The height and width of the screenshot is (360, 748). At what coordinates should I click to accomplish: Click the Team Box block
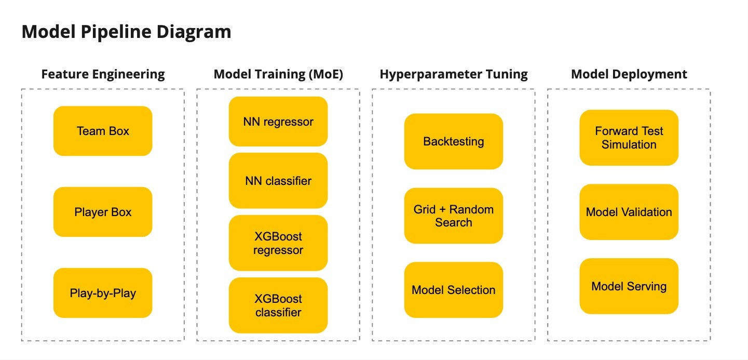point(103,131)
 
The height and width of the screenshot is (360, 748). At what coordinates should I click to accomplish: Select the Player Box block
point(103,212)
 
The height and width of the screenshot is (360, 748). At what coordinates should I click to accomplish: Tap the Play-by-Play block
point(103,293)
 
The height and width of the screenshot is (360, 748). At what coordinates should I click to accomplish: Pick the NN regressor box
point(278,122)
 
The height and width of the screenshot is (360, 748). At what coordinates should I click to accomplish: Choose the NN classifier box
point(278,181)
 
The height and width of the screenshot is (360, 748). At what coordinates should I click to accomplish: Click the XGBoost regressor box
point(278,243)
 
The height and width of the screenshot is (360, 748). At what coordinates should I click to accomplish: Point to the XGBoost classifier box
point(278,305)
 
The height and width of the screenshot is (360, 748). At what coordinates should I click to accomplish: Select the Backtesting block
point(454,141)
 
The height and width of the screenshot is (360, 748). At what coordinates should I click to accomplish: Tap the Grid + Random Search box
point(454,216)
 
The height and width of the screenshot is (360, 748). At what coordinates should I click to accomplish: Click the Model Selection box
point(454,290)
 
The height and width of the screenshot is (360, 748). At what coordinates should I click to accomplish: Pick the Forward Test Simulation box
point(629,138)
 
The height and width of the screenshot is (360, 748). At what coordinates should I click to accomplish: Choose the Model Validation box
point(629,212)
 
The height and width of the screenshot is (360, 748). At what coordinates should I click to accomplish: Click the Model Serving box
point(629,286)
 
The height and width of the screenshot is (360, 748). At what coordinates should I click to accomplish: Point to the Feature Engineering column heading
point(103,74)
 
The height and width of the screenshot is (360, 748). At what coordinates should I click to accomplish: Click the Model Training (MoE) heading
point(278,74)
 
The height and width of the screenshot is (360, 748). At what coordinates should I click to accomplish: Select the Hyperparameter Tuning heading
point(454,74)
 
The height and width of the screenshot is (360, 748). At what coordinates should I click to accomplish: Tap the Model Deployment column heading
point(629,74)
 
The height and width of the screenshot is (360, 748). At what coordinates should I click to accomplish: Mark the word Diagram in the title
point(194,32)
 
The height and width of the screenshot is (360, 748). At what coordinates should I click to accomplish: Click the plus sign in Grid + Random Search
point(442,209)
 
